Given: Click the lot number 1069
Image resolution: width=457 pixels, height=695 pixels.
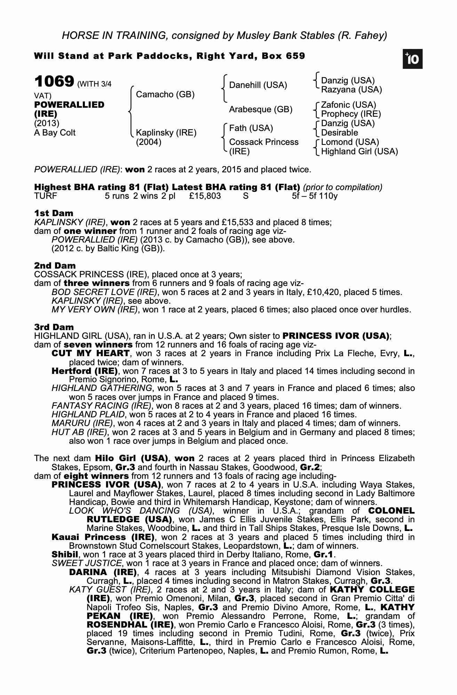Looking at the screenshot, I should pyautogui.click(x=54, y=82).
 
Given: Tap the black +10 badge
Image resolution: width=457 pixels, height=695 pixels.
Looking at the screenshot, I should pyautogui.click(x=412, y=59).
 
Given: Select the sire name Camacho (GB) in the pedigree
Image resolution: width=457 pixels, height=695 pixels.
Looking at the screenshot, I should pyautogui.click(x=165, y=95).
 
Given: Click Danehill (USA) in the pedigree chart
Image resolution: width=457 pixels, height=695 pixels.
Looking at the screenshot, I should pyautogui.click(x=258, y=85).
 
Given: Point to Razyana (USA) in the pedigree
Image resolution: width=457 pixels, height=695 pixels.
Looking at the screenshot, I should pyautogui.click(x=351, y=90).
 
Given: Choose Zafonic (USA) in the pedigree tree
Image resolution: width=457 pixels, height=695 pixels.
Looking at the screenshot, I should pyautogui.click(x=348, y=105).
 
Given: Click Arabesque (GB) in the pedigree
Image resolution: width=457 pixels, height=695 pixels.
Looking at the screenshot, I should pyautogui.click(x=260, y=109).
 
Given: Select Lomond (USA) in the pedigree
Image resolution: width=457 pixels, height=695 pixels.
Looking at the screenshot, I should pyautogui.click(x=350, y=142).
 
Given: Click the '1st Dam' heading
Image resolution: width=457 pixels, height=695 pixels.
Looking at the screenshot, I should pyautogui.click(x=54, y=213).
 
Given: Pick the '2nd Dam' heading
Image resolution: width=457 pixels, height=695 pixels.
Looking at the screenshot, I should pyautogui.click(x=55, y=266).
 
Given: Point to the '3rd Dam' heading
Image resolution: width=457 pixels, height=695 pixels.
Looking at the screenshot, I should pyautogui.click(x=54, y=327).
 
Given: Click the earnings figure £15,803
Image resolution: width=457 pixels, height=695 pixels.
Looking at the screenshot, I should pyautogui.click(x=205, y=196).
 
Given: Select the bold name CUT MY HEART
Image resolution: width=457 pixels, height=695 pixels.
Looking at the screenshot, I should pyautogui.click(x=90, y=353).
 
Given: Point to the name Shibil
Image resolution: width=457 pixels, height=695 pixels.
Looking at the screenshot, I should pyautogui.click(x=65, y=554).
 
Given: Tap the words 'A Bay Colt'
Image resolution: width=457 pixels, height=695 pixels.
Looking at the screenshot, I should pyautogui.click(x=55, y=133).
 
